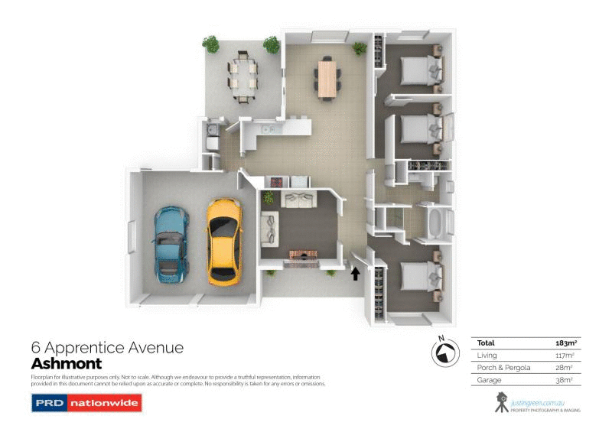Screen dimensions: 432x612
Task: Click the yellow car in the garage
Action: tap(223, 241)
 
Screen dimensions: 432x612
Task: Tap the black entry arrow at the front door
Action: tap(355, 273)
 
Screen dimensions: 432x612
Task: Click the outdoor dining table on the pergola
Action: tap(243, 76)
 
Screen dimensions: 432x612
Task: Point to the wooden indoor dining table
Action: tap(327, 77)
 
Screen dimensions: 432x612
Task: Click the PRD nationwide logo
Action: tap(86, 402)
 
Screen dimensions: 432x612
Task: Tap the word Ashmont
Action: tap(66, 364)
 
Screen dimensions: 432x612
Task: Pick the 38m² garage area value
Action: tap(564, 380)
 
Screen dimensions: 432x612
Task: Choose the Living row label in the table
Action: tap(487, 356)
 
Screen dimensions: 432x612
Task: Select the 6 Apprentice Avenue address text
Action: tap(107, 348)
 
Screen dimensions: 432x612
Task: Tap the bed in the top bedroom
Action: tap(418, 70)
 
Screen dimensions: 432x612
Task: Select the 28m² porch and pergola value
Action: tap(564, 368)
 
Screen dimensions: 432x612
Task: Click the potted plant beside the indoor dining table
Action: tap(359, 47)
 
